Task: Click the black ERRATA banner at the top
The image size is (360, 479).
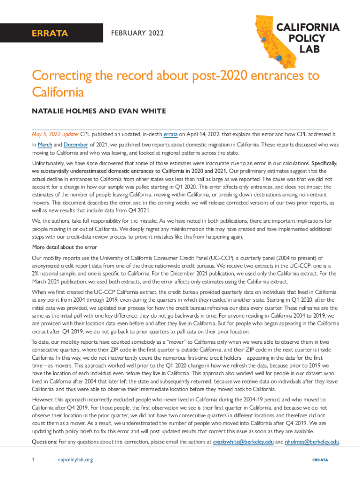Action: tap(49, 33)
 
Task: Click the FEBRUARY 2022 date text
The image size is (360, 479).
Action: tap(137, 33)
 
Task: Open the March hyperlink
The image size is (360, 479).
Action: tap(46, 145)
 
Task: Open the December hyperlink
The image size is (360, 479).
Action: tap(75, 145)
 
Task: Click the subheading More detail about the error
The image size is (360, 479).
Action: tap(64, 247)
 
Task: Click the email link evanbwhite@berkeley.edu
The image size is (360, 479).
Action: tap(243, 442)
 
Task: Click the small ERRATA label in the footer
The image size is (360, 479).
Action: tap(320, 460)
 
